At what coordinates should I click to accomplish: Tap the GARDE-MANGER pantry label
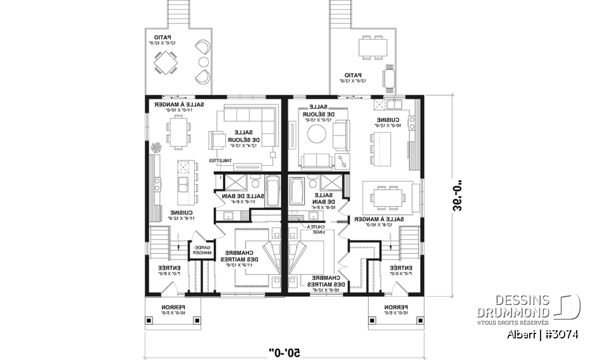pos(201,250)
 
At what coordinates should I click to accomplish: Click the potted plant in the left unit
pos(156,146)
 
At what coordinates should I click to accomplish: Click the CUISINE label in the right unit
pos(387,121)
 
